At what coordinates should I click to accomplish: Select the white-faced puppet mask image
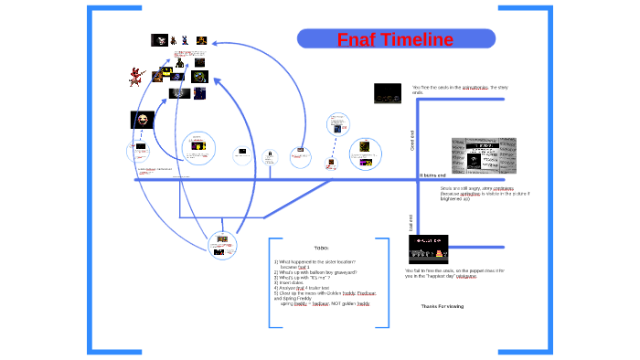[x=142, y=120]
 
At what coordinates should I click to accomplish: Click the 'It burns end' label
[x=432, y=175]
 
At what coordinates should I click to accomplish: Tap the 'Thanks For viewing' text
[x=443, y=306]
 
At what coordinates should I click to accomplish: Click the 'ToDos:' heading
[x=320, y=249]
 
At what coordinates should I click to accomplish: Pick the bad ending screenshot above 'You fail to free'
[x=427, y=249]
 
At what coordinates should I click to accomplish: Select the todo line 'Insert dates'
[x=294, y=282]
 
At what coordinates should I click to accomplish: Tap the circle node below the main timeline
[x=221, y=244]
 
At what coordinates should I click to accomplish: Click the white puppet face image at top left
[x=159, y=40]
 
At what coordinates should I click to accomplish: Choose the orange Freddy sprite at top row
[x=201, y=40]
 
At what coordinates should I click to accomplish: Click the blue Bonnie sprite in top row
[x=186, y=40]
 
